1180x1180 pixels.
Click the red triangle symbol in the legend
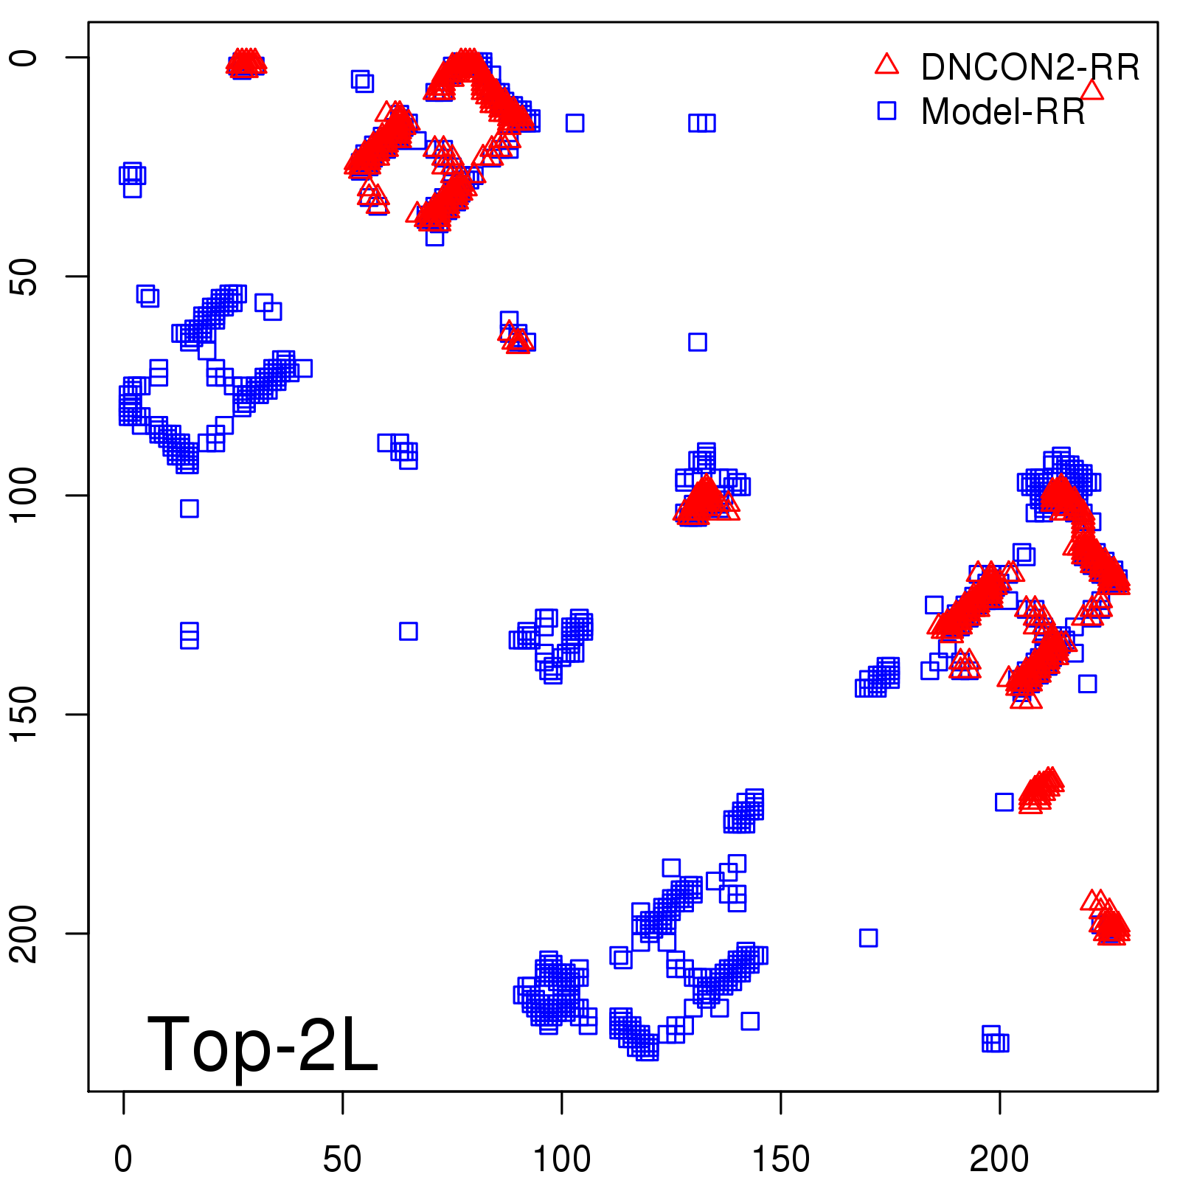pyautogui.click(x=886, y=65)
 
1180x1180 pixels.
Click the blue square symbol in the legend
pyautogui.click(x=886, y=111)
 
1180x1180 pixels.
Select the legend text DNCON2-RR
pyautogui.click(x=1030, y=67)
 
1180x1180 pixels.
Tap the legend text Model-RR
pyautogui.click(x=1003, y=111)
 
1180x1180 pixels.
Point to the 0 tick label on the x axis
pyautogui.click(x=123, y=1159)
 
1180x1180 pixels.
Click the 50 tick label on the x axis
pyautogui.click(x=342, y=1159)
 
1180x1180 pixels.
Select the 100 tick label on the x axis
pyautogui.click(x=561, y=1159)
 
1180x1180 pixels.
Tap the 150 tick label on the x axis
pyautogui.click(x=780, y=1159)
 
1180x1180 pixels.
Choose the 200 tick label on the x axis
pyautogui.click(x=999, y=1159)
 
